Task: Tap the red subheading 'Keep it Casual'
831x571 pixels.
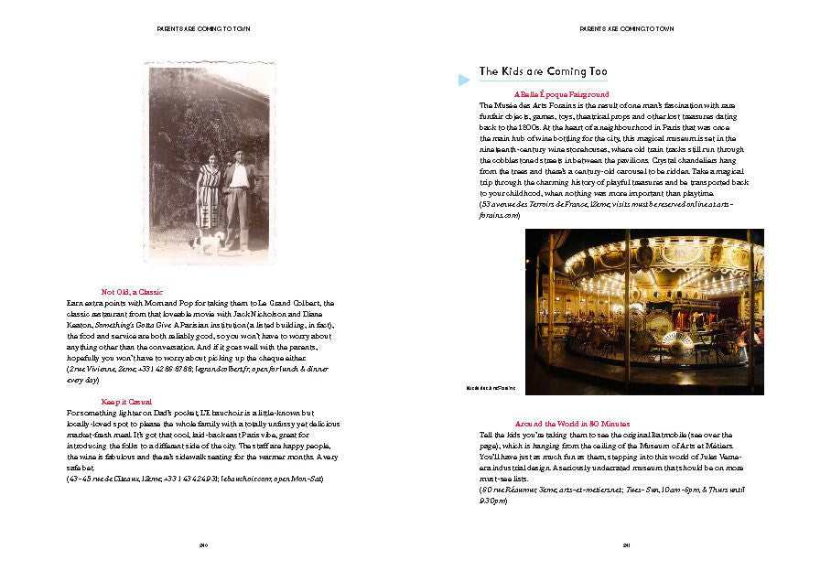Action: (x=126, y=402)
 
